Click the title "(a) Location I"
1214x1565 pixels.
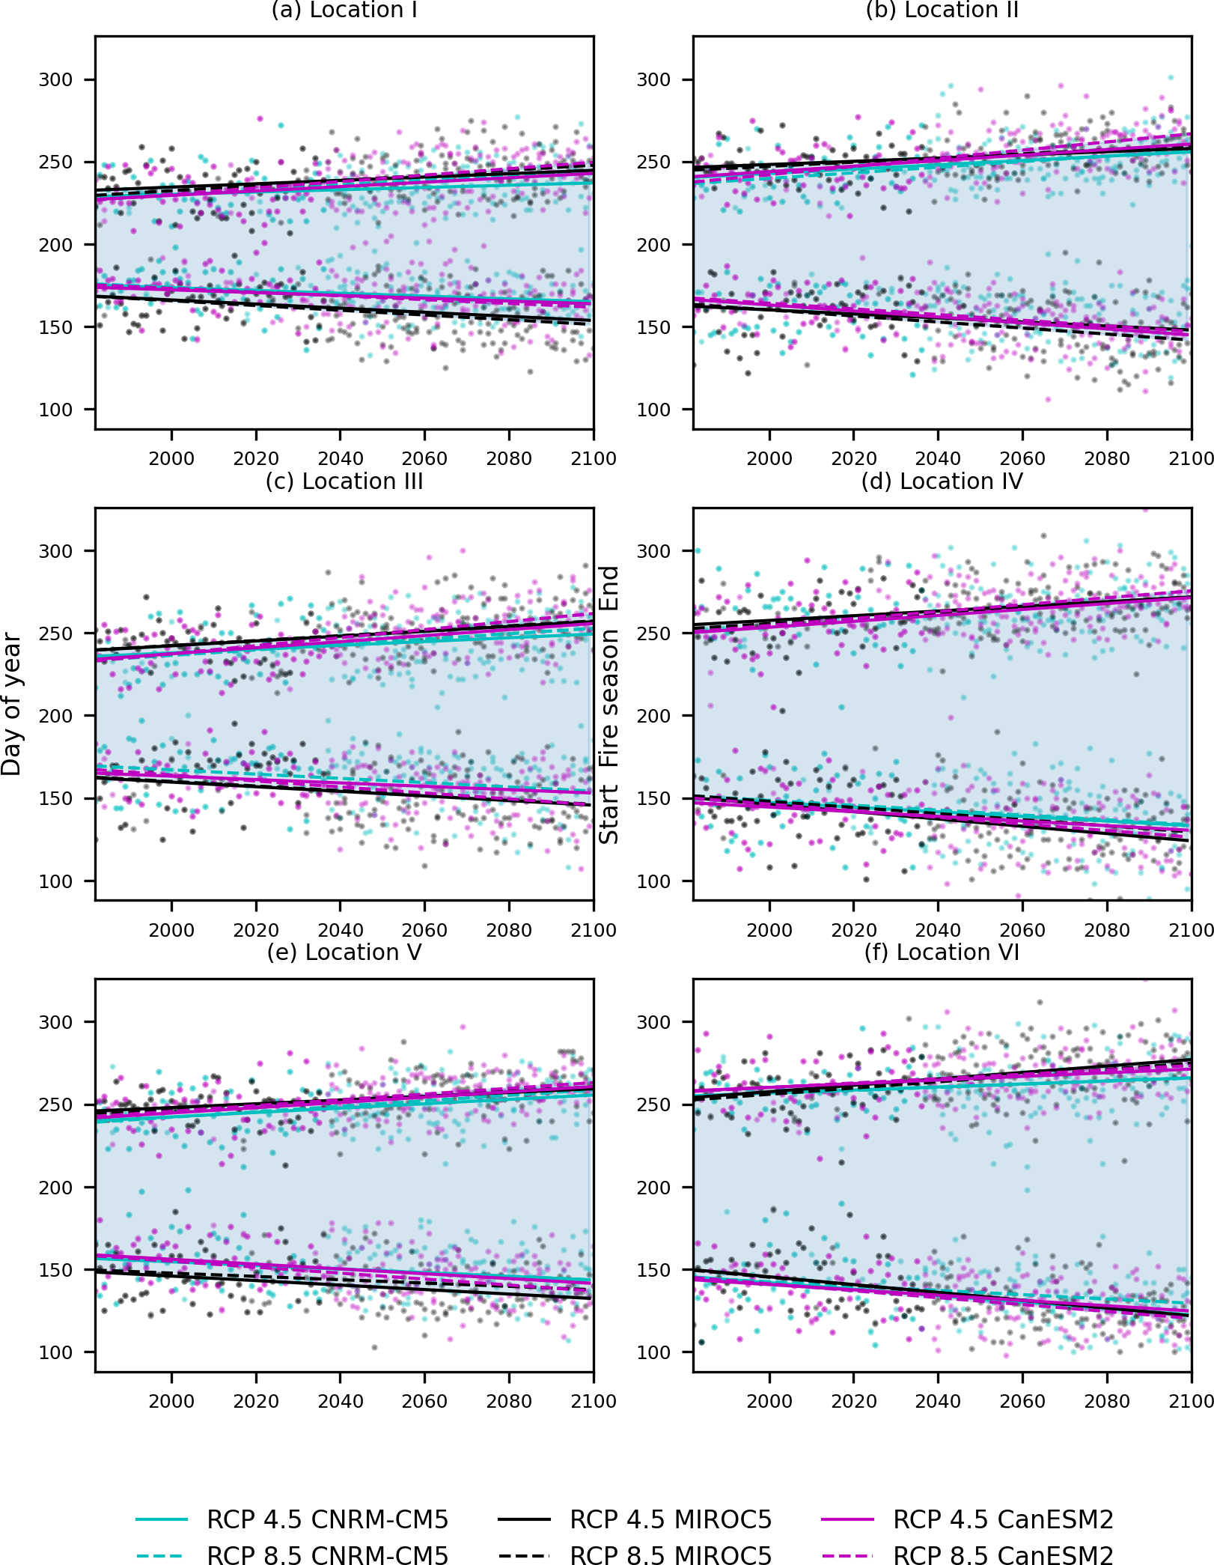pyautogui.click(x=344, y=10)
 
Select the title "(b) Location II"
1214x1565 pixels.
pyautogui.click(x=942, y=10)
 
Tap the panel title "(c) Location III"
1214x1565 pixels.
pyautogui.click(x=344, y=481)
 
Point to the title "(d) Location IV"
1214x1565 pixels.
pyautogui.click(x=942, y=481)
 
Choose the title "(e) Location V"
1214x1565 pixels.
pyautogui.click(x=344, y=952)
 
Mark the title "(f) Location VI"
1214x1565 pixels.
pyautogui.click(x=942, y=952)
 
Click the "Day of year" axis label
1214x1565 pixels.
pyautogui.click(x=12, y=704)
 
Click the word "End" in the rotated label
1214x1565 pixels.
pyautogui.click(x=609, y=588)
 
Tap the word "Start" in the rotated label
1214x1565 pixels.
pyautogui.click(x=609, y=815)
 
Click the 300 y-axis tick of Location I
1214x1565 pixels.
pyautogui.click(x=56, y=80)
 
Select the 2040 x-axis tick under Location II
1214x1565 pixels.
pyautogui.click(x=938, y=458)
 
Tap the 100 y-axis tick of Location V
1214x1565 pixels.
pyautogui.click(x=56, y=1352)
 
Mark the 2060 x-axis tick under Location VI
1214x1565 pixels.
pyautogui.click(x=1022, y=1401)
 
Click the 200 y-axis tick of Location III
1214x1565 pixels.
pyautogui.click(x=56, y=716)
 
